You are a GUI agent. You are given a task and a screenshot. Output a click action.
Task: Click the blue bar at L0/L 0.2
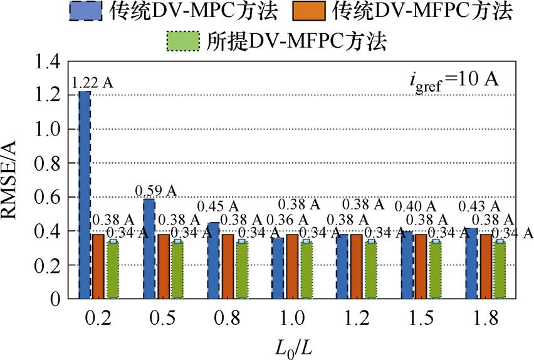(85, 195)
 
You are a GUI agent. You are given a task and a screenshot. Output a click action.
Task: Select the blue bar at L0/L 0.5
(149, 248)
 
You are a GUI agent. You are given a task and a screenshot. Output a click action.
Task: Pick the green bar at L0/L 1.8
(500, 270)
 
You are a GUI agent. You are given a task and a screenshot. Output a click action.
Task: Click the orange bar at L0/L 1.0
(292, 267)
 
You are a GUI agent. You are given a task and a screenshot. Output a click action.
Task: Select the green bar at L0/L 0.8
(241, 270)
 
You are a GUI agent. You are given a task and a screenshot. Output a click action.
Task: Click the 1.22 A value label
(93, 83)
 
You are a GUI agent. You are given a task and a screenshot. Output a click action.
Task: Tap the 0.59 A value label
(157, 189)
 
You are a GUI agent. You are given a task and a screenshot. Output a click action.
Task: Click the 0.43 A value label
(479, 206)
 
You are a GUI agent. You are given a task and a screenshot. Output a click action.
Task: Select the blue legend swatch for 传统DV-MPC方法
(86, 11)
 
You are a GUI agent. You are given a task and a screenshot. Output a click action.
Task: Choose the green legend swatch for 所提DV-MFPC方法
(182, 41)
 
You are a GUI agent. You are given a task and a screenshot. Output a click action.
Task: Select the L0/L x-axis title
(292, 346)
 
